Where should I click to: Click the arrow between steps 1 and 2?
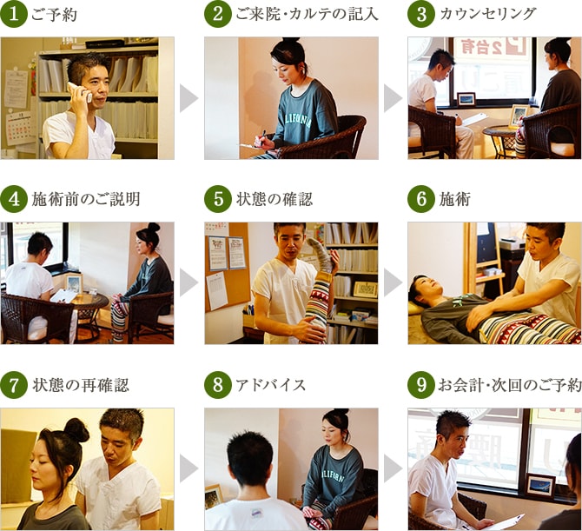[188, 98]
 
